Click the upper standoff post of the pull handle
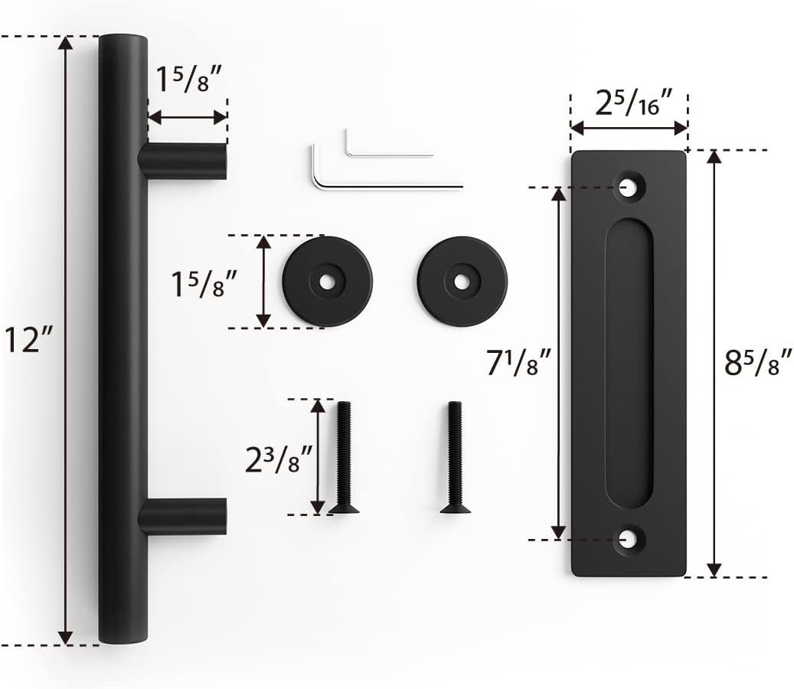[182, 162]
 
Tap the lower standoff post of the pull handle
[182, 517]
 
